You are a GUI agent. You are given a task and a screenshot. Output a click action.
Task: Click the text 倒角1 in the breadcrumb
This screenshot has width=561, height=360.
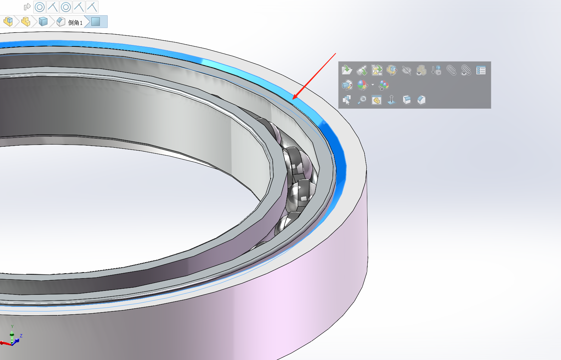75,23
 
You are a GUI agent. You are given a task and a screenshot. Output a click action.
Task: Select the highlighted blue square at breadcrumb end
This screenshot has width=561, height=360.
96,22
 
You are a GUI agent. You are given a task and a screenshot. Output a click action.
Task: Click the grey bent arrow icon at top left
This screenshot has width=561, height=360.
27,7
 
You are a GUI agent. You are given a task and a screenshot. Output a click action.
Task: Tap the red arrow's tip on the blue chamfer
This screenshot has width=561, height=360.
294,99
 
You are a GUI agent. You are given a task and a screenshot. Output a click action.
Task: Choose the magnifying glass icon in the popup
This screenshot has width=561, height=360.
362,100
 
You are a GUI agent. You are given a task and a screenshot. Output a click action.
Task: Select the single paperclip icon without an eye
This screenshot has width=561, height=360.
451,70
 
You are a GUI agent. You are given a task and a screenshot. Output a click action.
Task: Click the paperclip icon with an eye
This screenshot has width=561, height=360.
466,70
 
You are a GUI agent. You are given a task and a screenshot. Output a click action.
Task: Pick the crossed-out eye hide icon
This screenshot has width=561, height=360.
407,70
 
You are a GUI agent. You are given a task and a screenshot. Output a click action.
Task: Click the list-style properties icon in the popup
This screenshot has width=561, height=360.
481,70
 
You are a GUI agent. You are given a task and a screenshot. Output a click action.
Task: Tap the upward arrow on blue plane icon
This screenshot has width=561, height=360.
391,100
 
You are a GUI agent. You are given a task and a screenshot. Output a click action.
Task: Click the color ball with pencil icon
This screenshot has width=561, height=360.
362,85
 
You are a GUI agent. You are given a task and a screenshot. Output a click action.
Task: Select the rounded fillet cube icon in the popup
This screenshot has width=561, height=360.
407,100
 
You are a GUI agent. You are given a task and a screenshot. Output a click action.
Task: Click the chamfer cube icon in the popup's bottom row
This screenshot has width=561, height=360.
421,100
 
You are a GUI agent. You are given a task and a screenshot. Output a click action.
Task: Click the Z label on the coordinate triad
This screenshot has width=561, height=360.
21,336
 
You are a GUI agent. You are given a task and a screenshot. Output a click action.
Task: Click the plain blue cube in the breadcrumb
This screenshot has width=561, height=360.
43,22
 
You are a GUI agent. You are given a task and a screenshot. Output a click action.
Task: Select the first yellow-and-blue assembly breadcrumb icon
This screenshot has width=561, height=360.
8,22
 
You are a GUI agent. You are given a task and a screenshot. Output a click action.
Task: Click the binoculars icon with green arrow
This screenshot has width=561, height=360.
362,70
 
